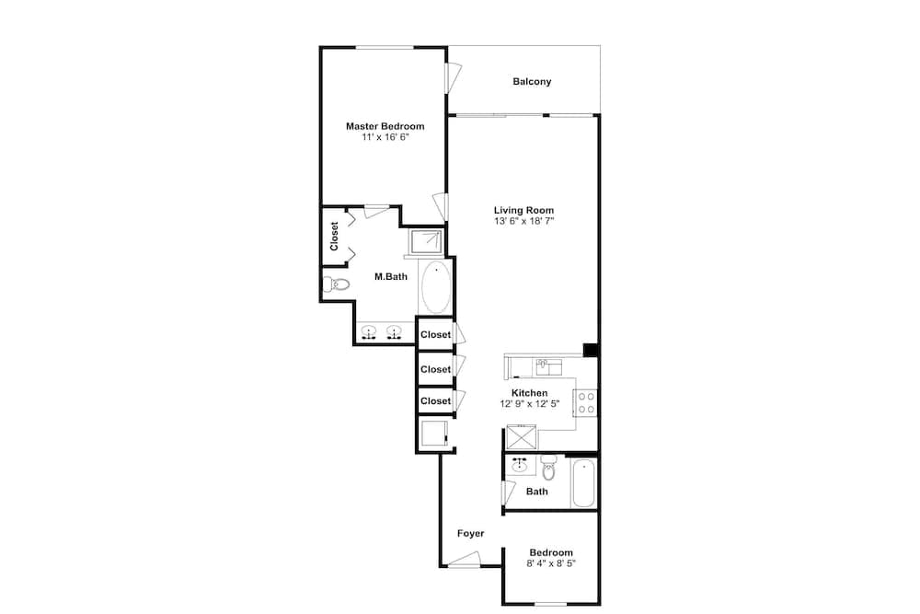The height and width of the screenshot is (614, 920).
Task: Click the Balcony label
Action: [532, 82]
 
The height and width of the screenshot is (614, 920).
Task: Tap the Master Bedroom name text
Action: [385, 126]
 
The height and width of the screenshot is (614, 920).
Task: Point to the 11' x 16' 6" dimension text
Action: [385, 137]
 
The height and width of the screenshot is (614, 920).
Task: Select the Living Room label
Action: [523, 210]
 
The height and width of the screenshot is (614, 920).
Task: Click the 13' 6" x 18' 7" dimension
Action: [523, 221]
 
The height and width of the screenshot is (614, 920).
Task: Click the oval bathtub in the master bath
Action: [436, 287]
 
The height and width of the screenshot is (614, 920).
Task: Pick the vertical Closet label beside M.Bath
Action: [335, 236]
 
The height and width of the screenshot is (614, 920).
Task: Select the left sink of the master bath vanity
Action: [369, 333]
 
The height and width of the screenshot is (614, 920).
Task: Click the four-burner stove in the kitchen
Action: [586, 403]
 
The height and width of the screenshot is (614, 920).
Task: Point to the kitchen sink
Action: [548, 367]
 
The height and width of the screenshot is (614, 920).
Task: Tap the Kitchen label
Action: [529, 393]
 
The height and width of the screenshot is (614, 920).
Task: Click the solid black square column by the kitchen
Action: [591, 350]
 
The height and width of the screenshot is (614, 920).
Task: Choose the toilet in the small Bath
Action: [548, 468]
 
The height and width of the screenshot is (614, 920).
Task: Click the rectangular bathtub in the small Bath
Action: [583, 483]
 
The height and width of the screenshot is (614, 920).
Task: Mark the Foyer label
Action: [470, 533]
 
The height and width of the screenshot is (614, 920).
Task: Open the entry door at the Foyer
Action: [464, 559]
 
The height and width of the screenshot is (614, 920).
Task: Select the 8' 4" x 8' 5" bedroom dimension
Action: [551, 563]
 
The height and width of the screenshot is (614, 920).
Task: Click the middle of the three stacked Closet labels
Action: [435, 369]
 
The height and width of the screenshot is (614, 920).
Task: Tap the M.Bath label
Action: [391, 276]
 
